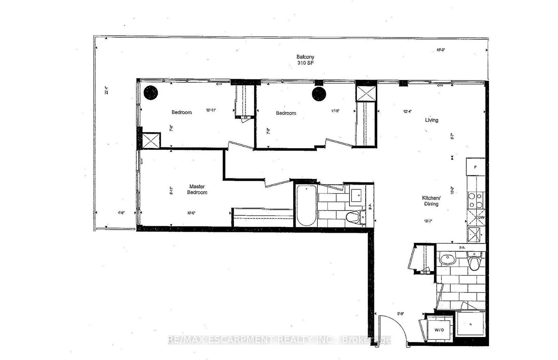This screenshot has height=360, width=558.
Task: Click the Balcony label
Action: tap(305, 57)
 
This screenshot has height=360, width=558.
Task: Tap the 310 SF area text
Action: tap(305, 63)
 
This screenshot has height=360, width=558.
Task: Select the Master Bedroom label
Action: tap(197, 189)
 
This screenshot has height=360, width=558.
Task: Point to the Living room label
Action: tap(431, 120)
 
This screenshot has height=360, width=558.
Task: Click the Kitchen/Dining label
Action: tap(431, 201)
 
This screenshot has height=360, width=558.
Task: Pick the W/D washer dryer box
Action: tap(439, 329)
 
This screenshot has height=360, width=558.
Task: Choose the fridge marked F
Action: tap(475, 167)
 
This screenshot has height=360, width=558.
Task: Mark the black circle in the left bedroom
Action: tap(151, 93)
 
